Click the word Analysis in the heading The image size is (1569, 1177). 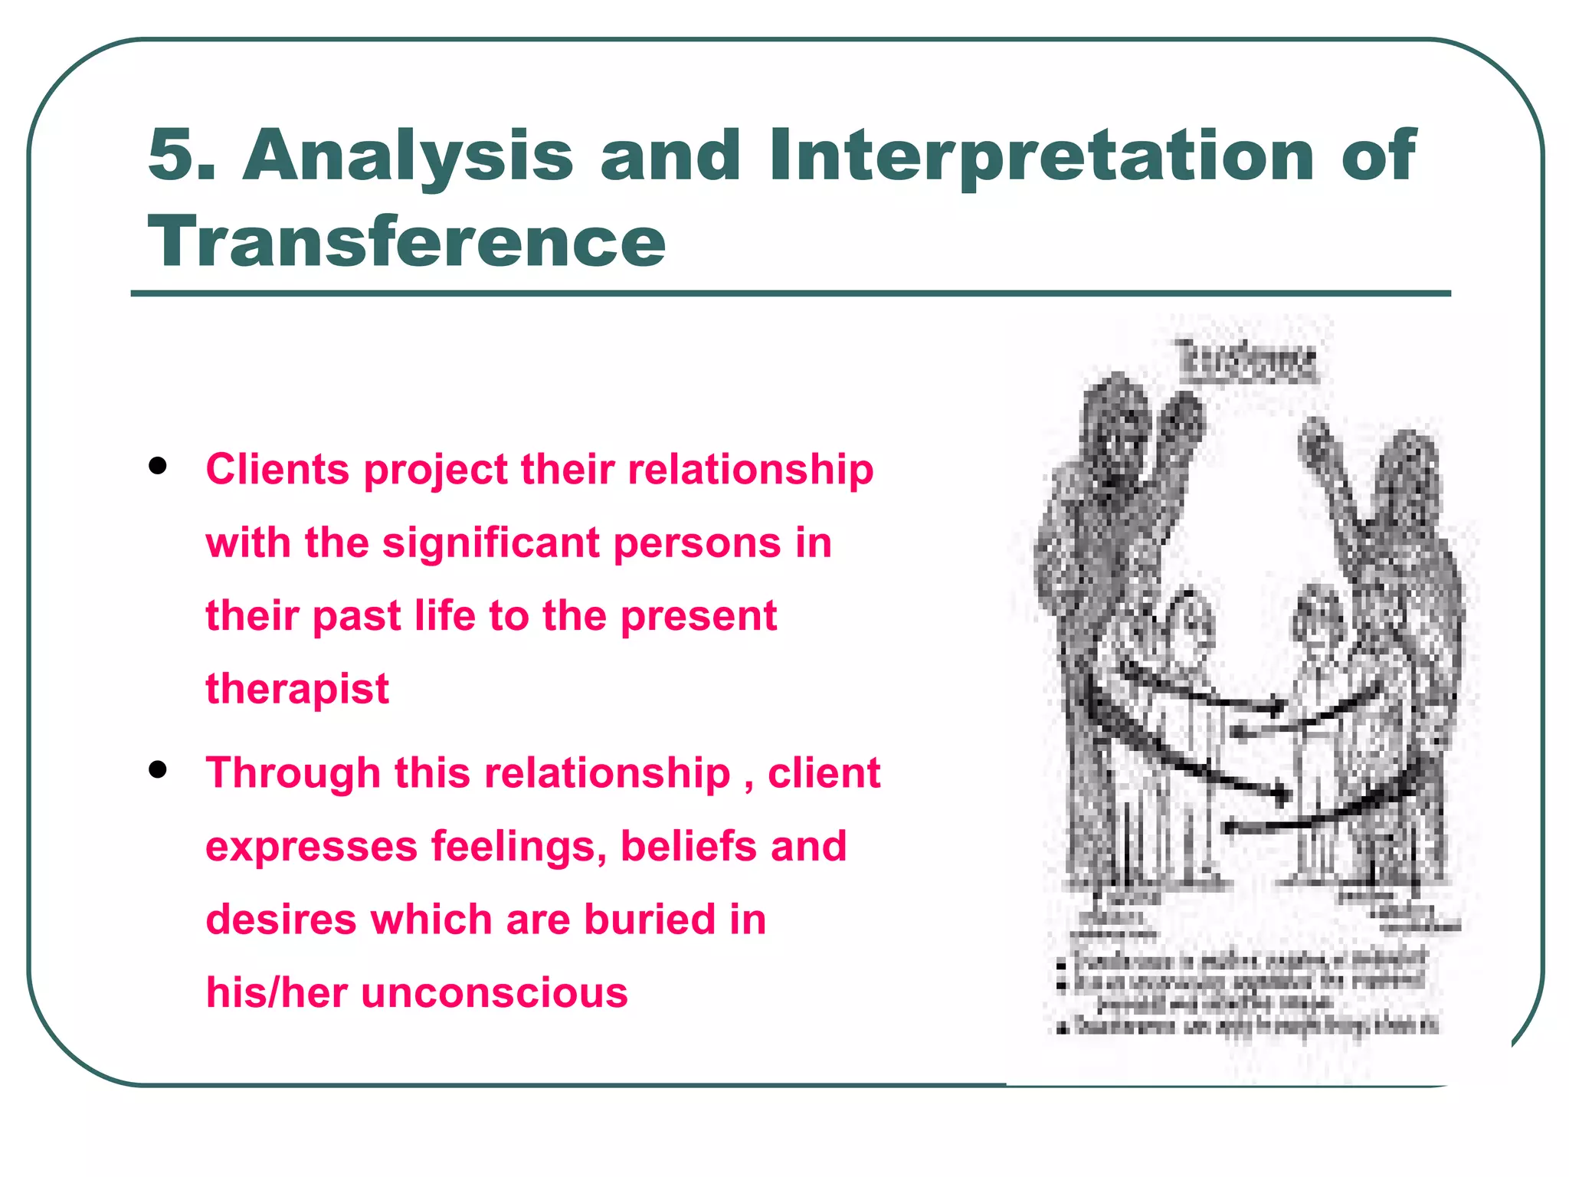(408, 156)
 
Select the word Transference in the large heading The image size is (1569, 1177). (407, 242)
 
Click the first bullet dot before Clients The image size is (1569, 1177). (159, 466)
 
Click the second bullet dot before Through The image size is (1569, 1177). (159, 769)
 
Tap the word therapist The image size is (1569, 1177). (297, 689)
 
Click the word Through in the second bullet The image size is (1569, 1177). (293, 772)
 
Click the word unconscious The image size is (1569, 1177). (495, 992)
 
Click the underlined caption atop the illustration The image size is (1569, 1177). (1248, 361)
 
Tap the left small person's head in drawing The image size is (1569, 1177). (1187, 617)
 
